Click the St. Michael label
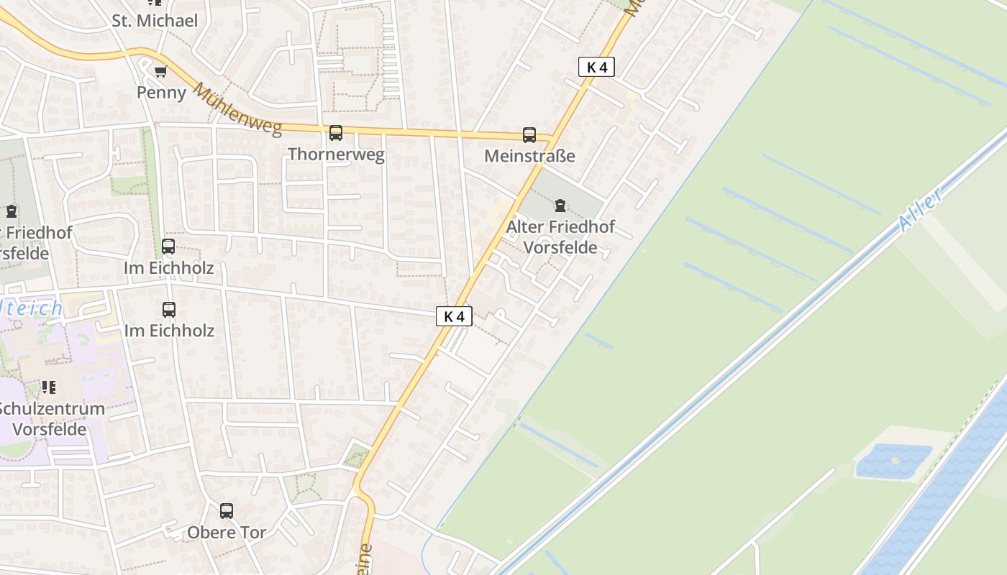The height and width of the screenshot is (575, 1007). click(155, 20)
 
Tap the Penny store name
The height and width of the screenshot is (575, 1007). click(161, 93)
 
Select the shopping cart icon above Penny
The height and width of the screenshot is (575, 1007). click(161, 71)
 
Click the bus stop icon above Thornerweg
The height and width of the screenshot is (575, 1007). click(336, 133)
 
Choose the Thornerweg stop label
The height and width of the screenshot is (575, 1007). click(336, 154)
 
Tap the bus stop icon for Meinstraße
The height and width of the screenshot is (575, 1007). click(529, 135)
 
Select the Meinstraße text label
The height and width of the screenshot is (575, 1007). click(529, 156)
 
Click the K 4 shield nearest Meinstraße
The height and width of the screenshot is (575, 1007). click(596, 68)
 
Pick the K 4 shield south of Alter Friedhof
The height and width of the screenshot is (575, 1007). click(454, 316)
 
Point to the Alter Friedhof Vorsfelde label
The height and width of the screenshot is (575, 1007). click(560, 237)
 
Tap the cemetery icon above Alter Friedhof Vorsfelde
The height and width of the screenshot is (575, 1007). click(560, 206)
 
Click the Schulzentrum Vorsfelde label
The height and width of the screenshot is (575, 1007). click(50, 419)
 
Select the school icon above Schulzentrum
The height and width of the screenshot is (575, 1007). click(49, 388)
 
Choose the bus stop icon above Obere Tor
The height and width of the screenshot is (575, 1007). click(227, 511)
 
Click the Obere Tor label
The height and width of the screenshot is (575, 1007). click(227, 533)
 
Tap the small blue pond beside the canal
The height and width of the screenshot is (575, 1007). click(893, 460)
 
